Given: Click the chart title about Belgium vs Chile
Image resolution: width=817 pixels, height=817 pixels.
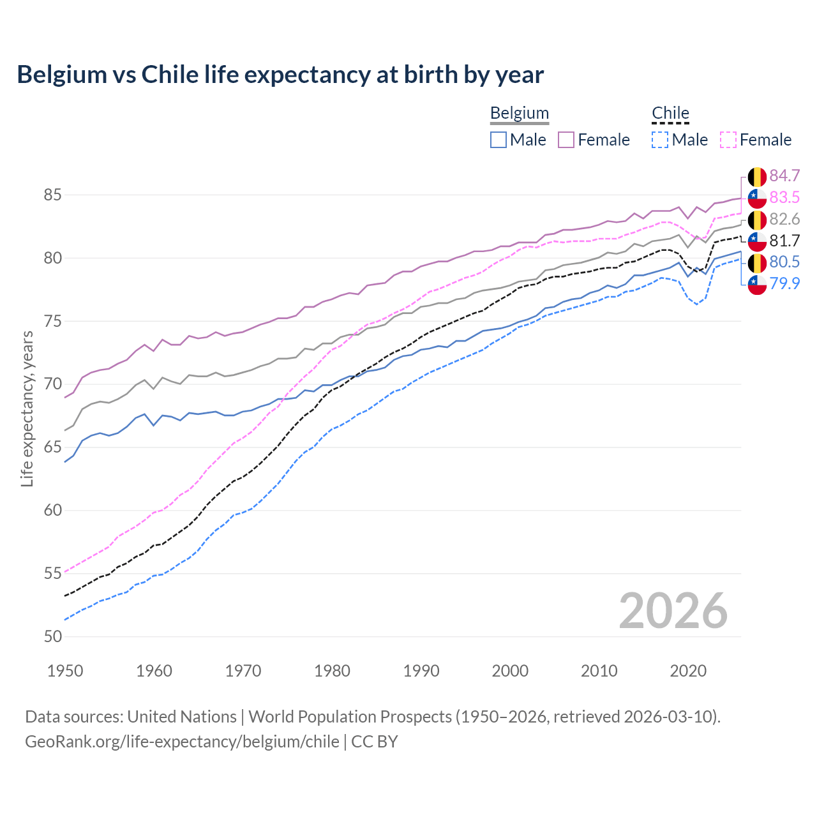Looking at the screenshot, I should pyautogui.click(x=280, y=75).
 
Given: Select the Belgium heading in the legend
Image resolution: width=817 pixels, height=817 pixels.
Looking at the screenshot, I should pyautogui.click(x=519, y=113).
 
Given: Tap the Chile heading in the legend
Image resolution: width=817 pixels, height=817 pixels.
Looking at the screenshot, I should pyautogui.click(x=670, y=113).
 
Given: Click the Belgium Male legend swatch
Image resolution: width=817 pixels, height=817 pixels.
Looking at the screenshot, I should pyautogui.click(x=498, y=140).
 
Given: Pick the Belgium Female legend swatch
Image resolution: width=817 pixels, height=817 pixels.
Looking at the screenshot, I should pyautogui.click(x=566, y=140).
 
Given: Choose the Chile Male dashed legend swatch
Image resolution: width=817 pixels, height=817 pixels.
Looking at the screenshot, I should pyautogui.click(x=660, y=140).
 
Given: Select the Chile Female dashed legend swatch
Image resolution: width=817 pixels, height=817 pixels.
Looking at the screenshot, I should pyautogui.click(x=728, y=140).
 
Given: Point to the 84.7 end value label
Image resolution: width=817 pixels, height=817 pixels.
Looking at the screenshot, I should pyautogui.click(x=784, y=176).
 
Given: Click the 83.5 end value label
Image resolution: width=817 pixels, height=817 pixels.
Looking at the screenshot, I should pyautogui.click(x=784, y=198).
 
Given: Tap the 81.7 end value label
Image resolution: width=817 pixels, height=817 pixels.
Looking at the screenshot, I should pyautogui.click(x=784, y=241).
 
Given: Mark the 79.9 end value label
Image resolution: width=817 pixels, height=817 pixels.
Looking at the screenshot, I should pyautogui.click(x=784, y=283).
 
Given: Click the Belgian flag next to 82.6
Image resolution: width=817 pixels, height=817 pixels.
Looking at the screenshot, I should pyautogui.click(x=757, y=220).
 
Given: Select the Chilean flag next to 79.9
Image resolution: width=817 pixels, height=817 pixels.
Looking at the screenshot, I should pyautogui.click(x=757, y=284).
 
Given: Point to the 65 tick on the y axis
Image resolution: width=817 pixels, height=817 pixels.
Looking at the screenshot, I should pyautogui.click(x=53, y=447).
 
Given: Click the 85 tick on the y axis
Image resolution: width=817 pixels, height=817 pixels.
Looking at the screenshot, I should pyautogui.click(x=53, y=195).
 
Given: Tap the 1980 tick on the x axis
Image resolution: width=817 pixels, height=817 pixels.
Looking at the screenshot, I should pyautogui.click(x=332, y=671).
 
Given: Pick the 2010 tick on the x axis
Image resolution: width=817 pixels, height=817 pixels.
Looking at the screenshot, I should pyautogui.click(x=599, y=671).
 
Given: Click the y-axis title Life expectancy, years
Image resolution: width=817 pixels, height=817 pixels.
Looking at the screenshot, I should pyautogui.click(x=27, y=408).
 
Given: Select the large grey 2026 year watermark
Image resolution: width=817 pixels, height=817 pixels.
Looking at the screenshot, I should pyautogui.click(x=673, y=611).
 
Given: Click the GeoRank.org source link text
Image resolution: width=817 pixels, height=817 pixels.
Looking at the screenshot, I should pyautogui.click(x=182, y=742).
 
